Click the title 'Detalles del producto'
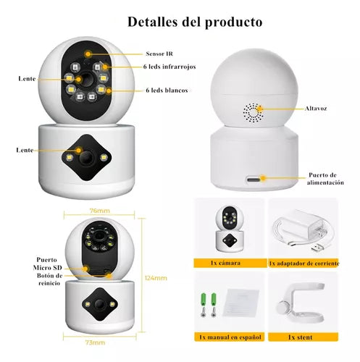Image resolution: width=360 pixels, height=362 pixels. tap(195, 22)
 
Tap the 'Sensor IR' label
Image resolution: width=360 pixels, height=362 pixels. tap(159, 54)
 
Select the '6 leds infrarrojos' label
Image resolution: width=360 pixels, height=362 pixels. tap(169, 67)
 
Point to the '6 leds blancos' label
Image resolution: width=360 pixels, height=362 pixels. tap(167, 90)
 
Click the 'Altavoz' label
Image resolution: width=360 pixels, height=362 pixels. tap(316, 109)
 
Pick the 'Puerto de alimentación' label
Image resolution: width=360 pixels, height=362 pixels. tap(325, 179)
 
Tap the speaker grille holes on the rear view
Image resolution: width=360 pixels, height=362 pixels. tap(254, 113)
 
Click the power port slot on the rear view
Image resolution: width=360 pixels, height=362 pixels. tap(254, 180)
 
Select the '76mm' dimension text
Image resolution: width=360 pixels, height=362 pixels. tap(100, 211)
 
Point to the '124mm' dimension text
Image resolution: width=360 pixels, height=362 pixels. tap(156, 278)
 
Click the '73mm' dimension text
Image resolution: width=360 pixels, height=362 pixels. tap(95, 342)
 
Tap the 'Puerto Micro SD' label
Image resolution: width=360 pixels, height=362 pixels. tap(48, 264)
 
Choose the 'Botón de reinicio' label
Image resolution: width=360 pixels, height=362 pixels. tap(49, 279)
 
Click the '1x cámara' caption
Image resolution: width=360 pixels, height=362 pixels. tap(225, 263)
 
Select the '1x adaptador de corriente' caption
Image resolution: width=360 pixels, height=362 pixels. tap(304, 264)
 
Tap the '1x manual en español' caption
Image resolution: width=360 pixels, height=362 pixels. tap(230, 337)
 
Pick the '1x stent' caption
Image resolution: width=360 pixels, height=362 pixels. tap(301, 337)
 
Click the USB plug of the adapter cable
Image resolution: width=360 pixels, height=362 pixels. tap(319, 248)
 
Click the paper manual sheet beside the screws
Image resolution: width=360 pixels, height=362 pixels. tap(240, 303)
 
